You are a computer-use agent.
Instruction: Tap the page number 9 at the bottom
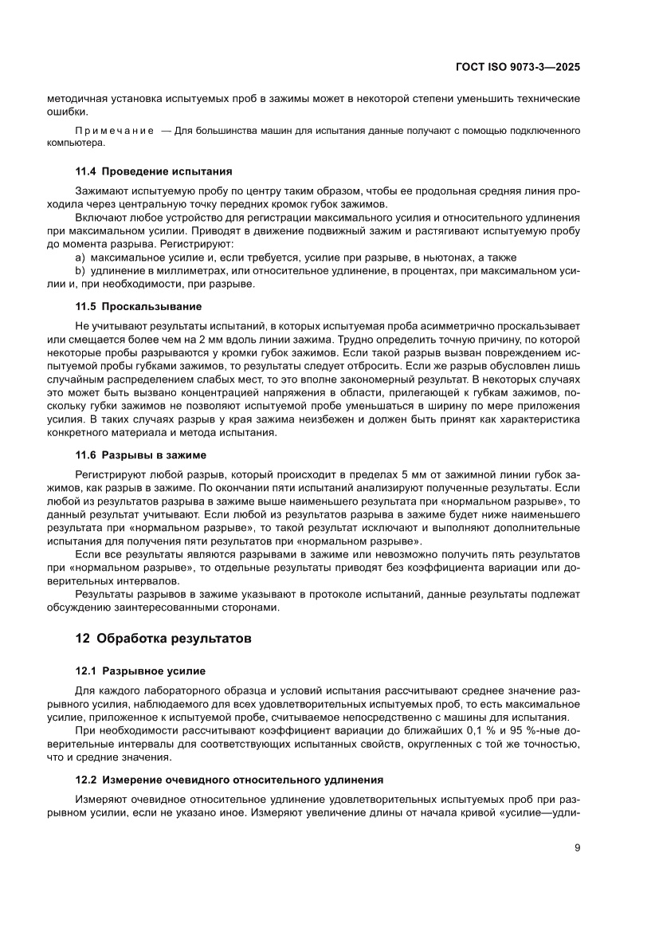[575, 847]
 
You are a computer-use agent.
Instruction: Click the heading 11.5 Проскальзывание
[139, 306]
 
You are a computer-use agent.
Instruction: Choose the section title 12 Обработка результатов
[163, 639]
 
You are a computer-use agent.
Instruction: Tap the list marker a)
[80, 258]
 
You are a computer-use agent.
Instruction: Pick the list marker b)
[80, 271]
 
